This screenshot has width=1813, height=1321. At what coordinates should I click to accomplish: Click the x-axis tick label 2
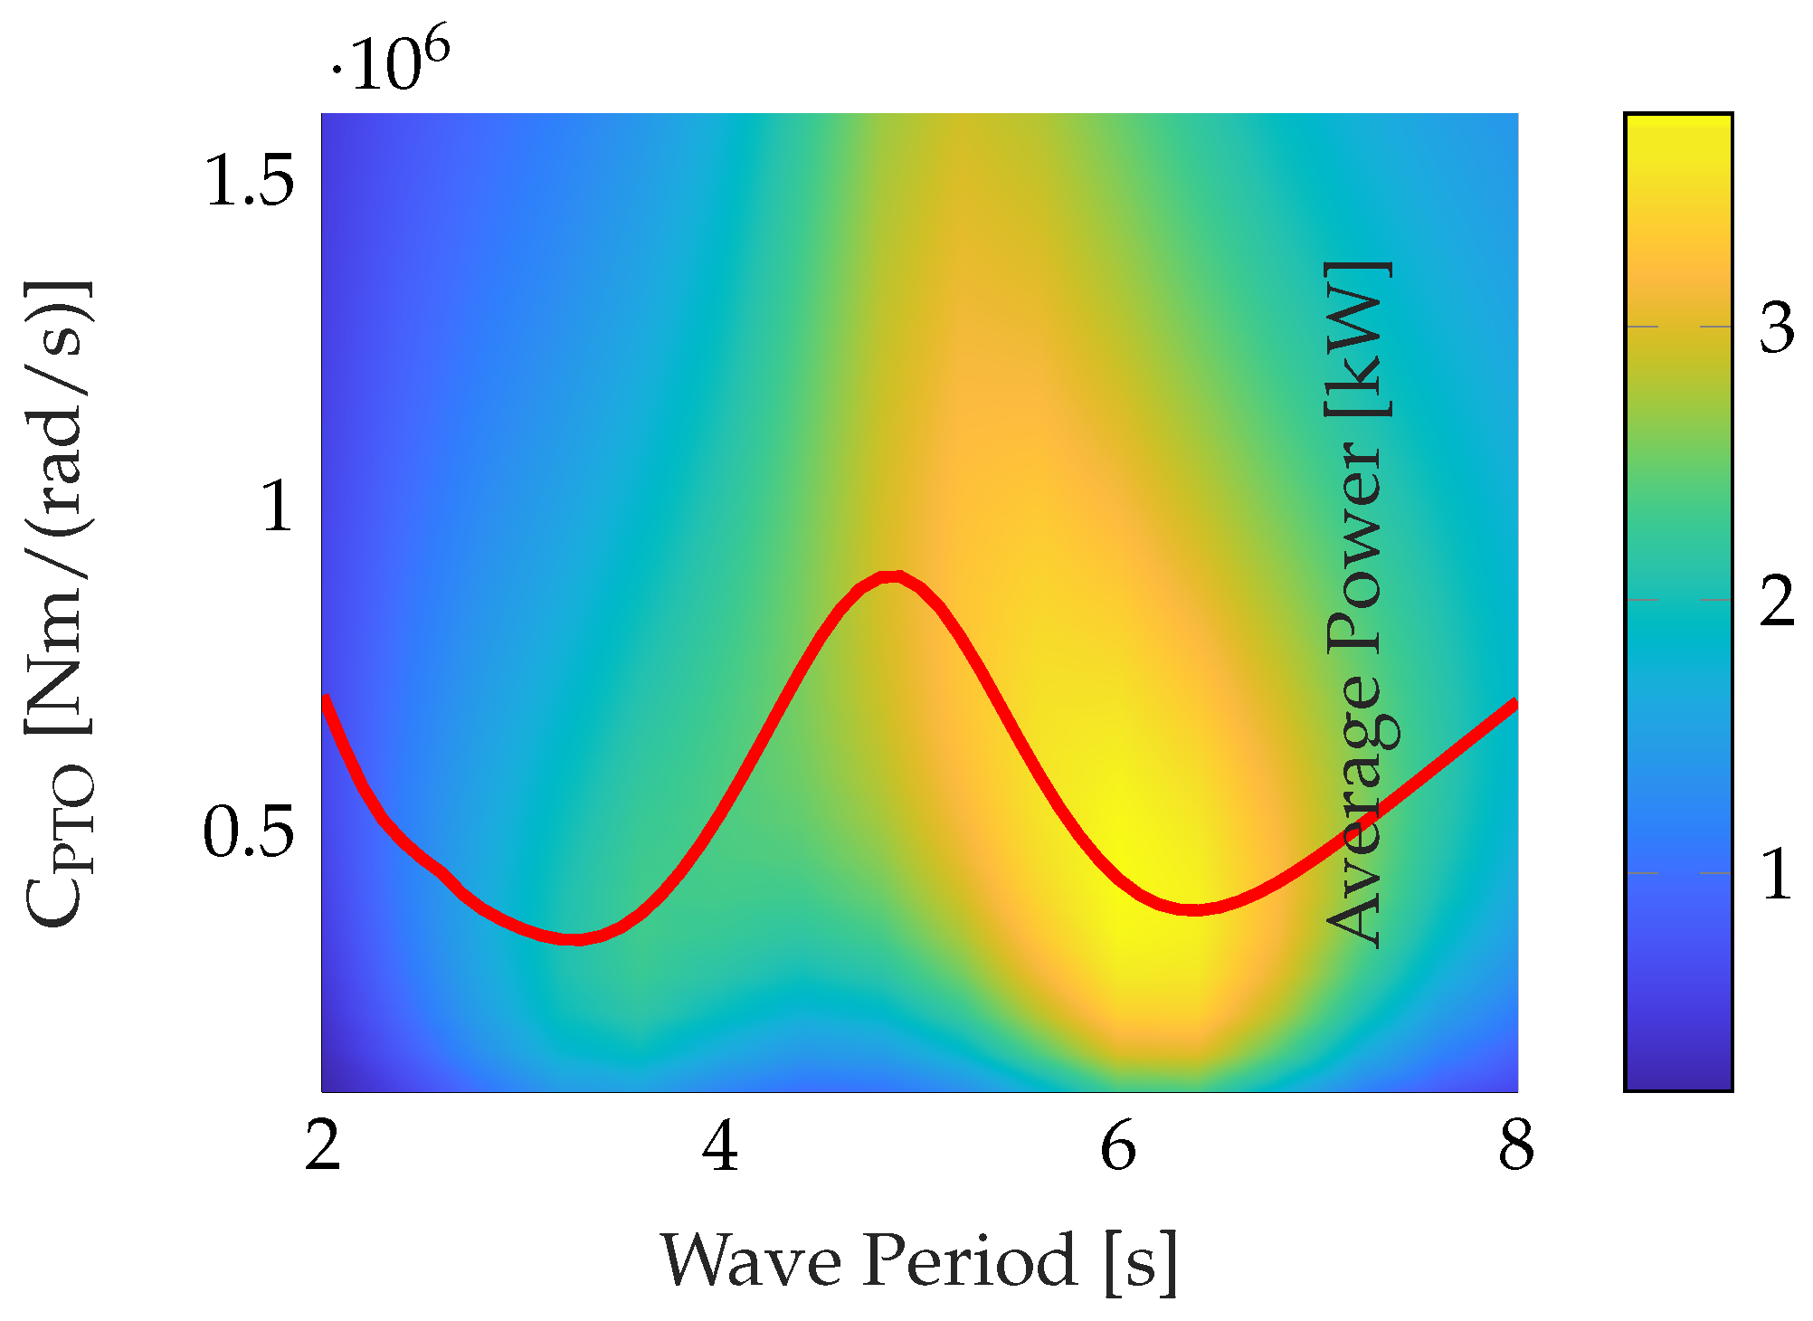[x=322, y=1146]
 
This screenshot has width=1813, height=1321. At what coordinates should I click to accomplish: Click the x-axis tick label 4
[x=720, y=1146]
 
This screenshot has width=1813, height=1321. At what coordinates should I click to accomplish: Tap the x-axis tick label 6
[x=1118, y=1146]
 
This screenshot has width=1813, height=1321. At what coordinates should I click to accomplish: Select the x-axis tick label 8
[x=1516, y=1146]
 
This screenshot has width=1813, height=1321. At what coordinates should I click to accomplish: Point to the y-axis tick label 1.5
[x=250, y=181]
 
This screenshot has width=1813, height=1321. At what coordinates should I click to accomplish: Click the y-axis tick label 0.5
[x=248, y=832]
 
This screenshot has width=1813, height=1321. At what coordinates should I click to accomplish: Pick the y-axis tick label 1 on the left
[x=277, y=507]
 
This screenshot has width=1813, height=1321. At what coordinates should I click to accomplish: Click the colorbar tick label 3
[x=1777, y=328]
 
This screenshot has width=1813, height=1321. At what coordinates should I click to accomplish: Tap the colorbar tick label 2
[x=1777, y=601]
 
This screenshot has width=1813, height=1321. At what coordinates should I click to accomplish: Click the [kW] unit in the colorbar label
[x=1357, y=339]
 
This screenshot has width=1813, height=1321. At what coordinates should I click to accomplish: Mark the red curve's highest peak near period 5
[x=892, y=577]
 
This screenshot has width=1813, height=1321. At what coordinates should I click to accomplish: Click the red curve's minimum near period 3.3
[x=572, y=938]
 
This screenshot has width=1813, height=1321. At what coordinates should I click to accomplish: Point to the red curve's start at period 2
[x=326, y=699]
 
